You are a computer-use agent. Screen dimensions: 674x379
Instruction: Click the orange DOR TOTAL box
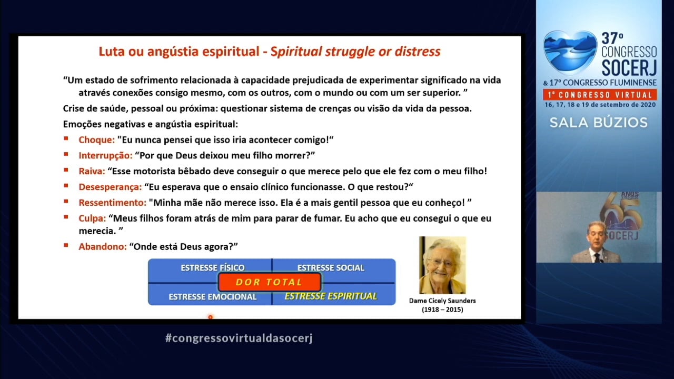click(270, 282)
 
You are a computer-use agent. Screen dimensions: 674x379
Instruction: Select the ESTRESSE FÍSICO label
click(213, 268)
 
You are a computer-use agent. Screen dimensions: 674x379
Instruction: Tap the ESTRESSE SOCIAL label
click(331, 268)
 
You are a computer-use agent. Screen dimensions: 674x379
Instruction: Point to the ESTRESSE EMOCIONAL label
click(212, 297)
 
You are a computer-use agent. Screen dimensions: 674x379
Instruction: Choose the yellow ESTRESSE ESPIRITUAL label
click(331, 296)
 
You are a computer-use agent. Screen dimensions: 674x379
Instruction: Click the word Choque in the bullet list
click(96, 140)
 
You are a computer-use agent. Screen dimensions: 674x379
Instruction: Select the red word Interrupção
click(105, 155)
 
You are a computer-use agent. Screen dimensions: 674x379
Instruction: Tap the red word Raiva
click(92, 171)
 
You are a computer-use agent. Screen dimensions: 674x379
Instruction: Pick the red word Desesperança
click(110, 187)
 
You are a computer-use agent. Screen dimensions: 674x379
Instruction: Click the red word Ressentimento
click(113, 203)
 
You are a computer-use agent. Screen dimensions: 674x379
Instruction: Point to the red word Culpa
click(92, 218)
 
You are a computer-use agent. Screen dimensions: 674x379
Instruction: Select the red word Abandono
click(103, 247)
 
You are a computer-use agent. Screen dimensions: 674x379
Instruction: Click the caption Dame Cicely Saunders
click(442, 301)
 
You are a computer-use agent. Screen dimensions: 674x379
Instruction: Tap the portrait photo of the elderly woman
click(442, 265)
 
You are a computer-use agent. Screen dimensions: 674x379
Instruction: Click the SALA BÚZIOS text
click(599, 123)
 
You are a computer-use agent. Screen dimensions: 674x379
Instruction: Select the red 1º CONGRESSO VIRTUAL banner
click(600, 95)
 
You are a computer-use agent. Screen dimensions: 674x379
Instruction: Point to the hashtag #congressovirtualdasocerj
click(239, 338)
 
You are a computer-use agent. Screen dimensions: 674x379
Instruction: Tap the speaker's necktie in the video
click(597, 258)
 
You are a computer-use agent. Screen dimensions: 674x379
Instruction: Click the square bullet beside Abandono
click(66, 245)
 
